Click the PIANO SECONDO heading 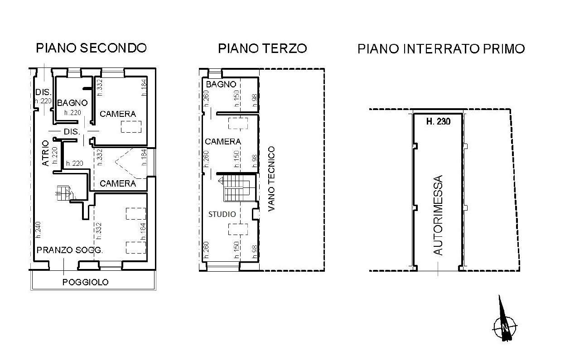click(x=92, y=48)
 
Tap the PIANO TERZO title click(x=262, y=48)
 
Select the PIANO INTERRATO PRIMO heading click(x=441, y=48)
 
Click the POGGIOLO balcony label click(x=86, y=282)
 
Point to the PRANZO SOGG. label click(x=70, y=250)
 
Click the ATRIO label click(x=45, y=153)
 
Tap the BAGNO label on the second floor click(x=72, y=103)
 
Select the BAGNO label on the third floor click(x=221, y=85)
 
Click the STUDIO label click(x=222, y=214)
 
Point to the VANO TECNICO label click(x=271, y=179)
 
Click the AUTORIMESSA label click(x=438, y=215)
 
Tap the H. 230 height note click(x=439, y=121)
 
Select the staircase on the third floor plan click(x=237, y=188)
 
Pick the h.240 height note click(x=38, y=230)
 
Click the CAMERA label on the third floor click(x=223, y=142)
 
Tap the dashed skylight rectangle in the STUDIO click(x=238, y=229)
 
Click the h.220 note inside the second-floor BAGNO click(x=72, y=113)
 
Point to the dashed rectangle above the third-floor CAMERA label click(x=238, y=123)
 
